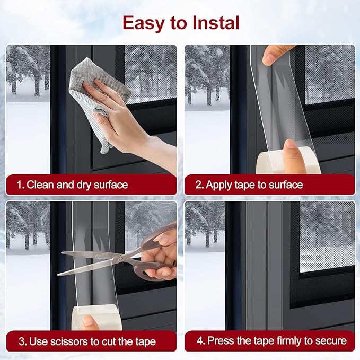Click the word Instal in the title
point(216,23)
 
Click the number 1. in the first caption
point(21,185)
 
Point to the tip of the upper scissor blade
point(62,252)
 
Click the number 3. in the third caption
point(23,341)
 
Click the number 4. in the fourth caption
point(200,341)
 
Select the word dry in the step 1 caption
point(84,186)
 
